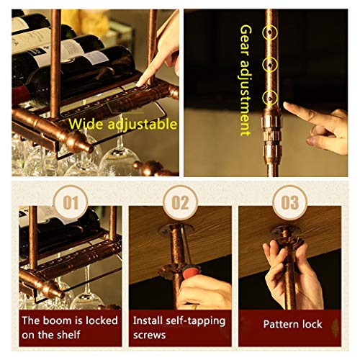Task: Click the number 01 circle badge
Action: [x=70, y=203]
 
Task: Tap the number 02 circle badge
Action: [x=180, y=203]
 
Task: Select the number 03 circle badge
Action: [x=290, y=203]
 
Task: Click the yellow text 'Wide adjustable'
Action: [x=123, y=124]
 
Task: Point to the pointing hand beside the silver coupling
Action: [x=317, y=122]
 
